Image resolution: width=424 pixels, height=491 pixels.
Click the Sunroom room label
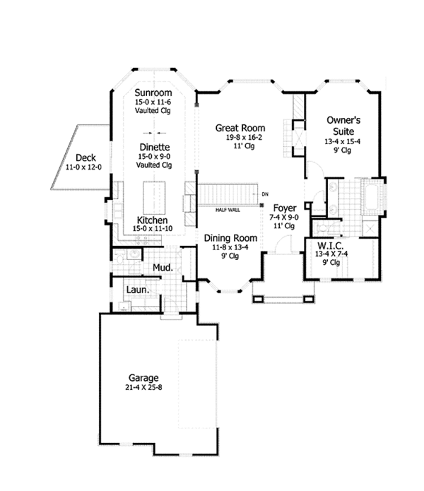pos(153,93)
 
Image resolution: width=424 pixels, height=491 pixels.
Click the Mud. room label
pos(164,268)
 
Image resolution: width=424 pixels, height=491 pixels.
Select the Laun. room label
pos(136,290)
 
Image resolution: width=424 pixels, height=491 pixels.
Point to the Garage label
pos(143,377)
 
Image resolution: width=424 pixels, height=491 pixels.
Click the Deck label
pos(86,158)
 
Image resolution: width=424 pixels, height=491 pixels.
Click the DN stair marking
pos(265,194)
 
